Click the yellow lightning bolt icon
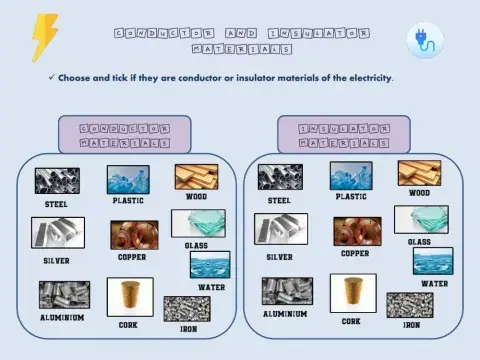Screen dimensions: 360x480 (x=44, y=38)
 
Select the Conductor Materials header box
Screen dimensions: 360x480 (x=124, y=136)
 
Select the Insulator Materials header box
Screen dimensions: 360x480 (x=343, y=136)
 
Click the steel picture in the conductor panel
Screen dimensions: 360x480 (x=57, y=181)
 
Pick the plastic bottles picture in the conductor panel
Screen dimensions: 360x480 (x=128, y=180)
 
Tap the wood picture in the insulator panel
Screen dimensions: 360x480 (x=419, y=173)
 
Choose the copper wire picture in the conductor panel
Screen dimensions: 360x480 (x=133, y=235)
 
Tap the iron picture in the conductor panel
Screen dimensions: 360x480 (x=187, y=308)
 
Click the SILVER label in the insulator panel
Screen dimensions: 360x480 (x=280, y=256)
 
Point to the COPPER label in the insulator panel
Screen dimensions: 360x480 (x=355, y=253)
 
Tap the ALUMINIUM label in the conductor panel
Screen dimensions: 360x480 (x=62, y=317)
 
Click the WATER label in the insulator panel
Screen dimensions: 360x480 (x=434, y=283)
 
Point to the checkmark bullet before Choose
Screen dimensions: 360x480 (x=50, y=77)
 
